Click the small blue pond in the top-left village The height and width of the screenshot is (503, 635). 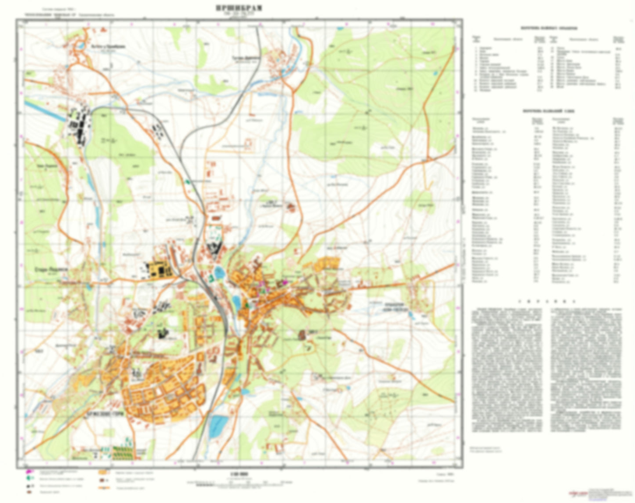point(81,45)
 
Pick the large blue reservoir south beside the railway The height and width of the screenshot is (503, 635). point(218,426)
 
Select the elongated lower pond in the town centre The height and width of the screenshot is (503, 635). point(236,302)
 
